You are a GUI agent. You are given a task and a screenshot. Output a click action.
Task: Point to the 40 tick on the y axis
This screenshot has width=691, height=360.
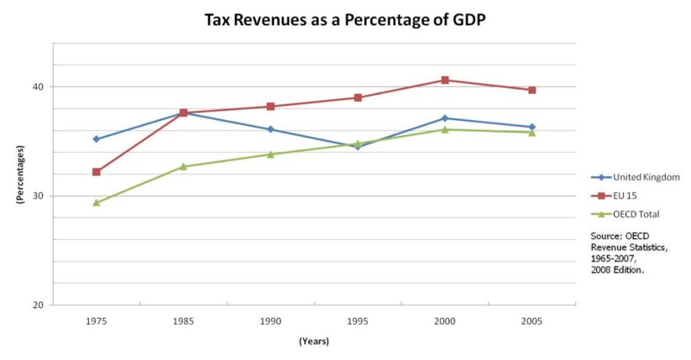click(39, 86)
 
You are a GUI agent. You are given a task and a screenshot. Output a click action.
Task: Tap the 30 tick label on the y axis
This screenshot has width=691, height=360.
click(39, 196)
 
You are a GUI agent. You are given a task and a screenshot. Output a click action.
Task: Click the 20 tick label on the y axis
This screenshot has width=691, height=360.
click(39, 305)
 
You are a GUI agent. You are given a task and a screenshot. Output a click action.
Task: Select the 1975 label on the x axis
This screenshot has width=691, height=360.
click(96, 320)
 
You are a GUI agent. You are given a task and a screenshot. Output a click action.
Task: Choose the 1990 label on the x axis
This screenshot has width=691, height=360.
click(270, 320)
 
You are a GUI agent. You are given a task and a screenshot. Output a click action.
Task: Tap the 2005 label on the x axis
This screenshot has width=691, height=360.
click(532, 320)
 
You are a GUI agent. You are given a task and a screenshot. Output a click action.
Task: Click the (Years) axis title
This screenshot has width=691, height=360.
click(314, 341)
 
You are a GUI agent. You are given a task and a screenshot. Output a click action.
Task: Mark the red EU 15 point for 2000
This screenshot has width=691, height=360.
click(445, 80)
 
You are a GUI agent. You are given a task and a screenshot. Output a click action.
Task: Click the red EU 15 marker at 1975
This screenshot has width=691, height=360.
click(97, 172)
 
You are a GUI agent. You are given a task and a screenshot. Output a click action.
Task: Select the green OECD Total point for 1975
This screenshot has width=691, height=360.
click(97, 202)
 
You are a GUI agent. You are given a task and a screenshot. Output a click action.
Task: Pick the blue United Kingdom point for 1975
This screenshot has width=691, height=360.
click(97, 139)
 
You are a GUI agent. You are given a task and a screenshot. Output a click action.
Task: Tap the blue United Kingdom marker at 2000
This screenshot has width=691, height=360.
click(445, 118)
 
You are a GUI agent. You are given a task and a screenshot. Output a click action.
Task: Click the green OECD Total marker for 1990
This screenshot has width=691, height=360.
click(270, 155)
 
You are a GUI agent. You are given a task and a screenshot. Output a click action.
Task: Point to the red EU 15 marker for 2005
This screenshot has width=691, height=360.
click(532, 90)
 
